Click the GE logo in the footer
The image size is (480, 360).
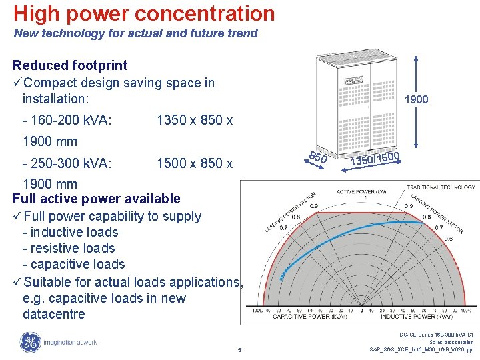coord(30,343)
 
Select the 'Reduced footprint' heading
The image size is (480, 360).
coord(70,65)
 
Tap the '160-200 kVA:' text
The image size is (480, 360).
coord(67,120)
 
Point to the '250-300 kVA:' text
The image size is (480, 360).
coord(67,163)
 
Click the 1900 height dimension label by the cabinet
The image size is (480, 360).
coord(417,100)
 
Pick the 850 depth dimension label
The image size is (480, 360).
coord(319,157)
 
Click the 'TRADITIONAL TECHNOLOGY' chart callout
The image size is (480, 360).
coord(441,187)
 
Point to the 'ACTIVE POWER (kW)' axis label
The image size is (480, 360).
coord(361,192)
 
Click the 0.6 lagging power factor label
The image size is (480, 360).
coord(449,239)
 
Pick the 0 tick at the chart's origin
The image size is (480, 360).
coord(361,311)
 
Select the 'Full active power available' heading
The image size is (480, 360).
coord(97,199)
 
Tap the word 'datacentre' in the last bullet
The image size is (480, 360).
coord(54,314)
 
